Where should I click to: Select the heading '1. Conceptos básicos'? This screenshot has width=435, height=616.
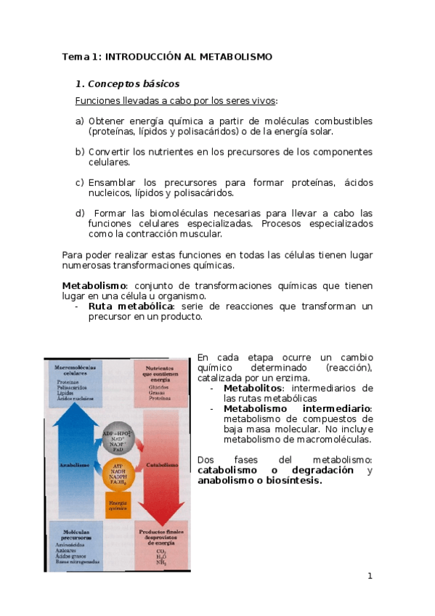(x=127, y=84)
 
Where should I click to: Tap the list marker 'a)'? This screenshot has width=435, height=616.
(x=79, y=121)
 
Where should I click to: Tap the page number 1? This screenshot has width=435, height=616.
(x=370, y=576)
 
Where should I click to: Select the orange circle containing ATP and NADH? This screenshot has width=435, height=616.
(x=118, y=473)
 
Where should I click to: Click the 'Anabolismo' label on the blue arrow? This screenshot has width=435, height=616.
(x=75, y=464)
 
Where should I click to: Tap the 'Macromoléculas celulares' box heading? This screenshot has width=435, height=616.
(x=75, y=371)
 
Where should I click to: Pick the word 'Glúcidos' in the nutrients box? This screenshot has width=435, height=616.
(x=158, y=387)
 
